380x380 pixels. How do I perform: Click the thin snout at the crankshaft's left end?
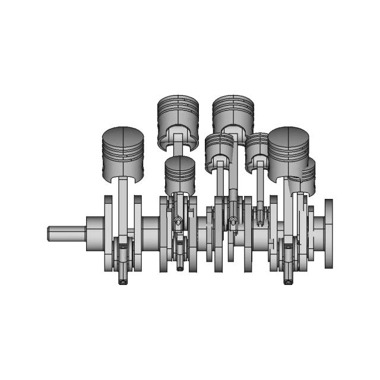tap(65, 233)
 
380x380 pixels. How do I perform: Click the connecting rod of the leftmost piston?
tap(123, 205)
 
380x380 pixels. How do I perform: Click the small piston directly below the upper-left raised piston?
tap(179, 174)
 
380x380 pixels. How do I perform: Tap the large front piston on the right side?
tap(289, 148)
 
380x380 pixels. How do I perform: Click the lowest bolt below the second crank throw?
tap(180, 268)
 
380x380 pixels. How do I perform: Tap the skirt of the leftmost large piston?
tap(123, 169)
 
